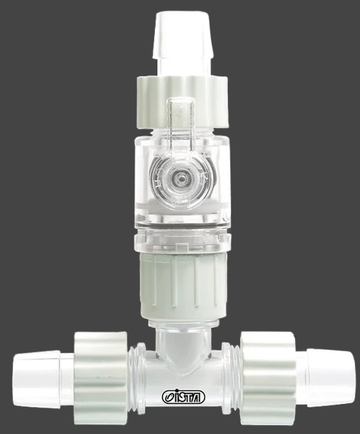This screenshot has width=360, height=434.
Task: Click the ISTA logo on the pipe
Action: pyautogui.click(x=183, y=397)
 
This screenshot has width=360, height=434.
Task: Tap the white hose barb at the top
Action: pyautogui.click(x=182, y=35)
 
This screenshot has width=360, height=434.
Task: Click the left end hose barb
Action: pyautogui.click(x=36, y=378)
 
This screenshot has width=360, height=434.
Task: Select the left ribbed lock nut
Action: pyautogui.click(x=101, y=378)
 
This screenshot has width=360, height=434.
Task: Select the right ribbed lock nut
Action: pyautogui.click(x=268, y=378)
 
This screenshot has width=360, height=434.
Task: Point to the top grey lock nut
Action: pyautogui.click(x=182, y=103)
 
